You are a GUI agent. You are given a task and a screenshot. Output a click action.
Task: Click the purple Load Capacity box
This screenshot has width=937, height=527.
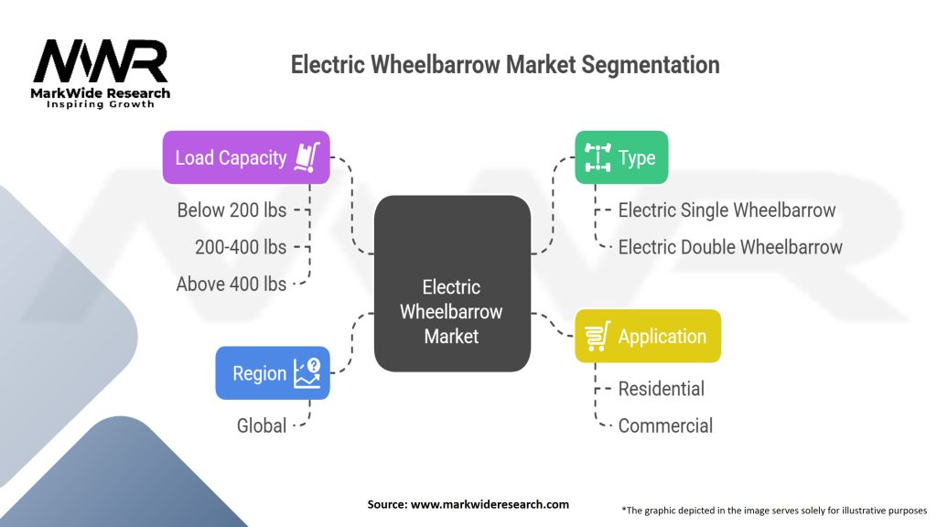tap(245, 157)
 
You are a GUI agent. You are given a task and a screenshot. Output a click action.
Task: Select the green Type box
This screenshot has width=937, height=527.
tap(620, 157)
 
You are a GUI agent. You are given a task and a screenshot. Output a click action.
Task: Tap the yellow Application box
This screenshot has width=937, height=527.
tap(647, 336)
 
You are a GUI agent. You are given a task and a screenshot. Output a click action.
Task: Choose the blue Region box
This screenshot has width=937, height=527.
tap(272, 372)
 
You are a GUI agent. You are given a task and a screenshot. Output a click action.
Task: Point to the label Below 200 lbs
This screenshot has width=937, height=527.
tap(232, 210)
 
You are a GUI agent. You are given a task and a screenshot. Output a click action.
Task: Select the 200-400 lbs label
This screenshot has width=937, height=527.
tap(241, 247)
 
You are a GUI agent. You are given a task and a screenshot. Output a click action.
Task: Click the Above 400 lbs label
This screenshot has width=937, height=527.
tap(232, 284)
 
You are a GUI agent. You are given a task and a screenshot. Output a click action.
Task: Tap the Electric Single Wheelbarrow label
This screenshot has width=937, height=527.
tap(727, 210)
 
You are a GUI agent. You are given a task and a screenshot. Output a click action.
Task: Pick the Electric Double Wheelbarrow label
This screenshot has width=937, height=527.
tap(730, 247)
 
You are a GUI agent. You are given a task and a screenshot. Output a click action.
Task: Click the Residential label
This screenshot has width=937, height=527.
tap(661, 389)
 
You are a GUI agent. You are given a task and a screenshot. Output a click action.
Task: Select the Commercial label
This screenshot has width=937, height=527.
tap(665, 425)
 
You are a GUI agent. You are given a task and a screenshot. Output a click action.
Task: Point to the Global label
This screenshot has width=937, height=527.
tap(262, 425)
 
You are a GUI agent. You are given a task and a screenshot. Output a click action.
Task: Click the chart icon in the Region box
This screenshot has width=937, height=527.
tap(307, 372)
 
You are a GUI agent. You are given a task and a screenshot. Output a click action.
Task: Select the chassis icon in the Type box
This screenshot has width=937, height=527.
tap(598, 157)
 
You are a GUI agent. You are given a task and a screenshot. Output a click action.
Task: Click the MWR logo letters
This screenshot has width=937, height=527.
tap(101, 61)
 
